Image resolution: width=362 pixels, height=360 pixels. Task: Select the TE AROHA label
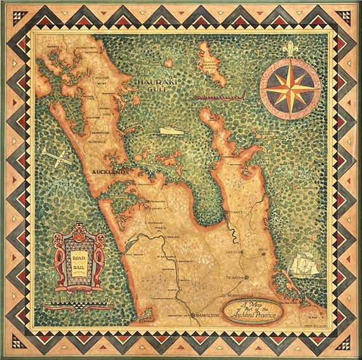click(234, 279)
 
